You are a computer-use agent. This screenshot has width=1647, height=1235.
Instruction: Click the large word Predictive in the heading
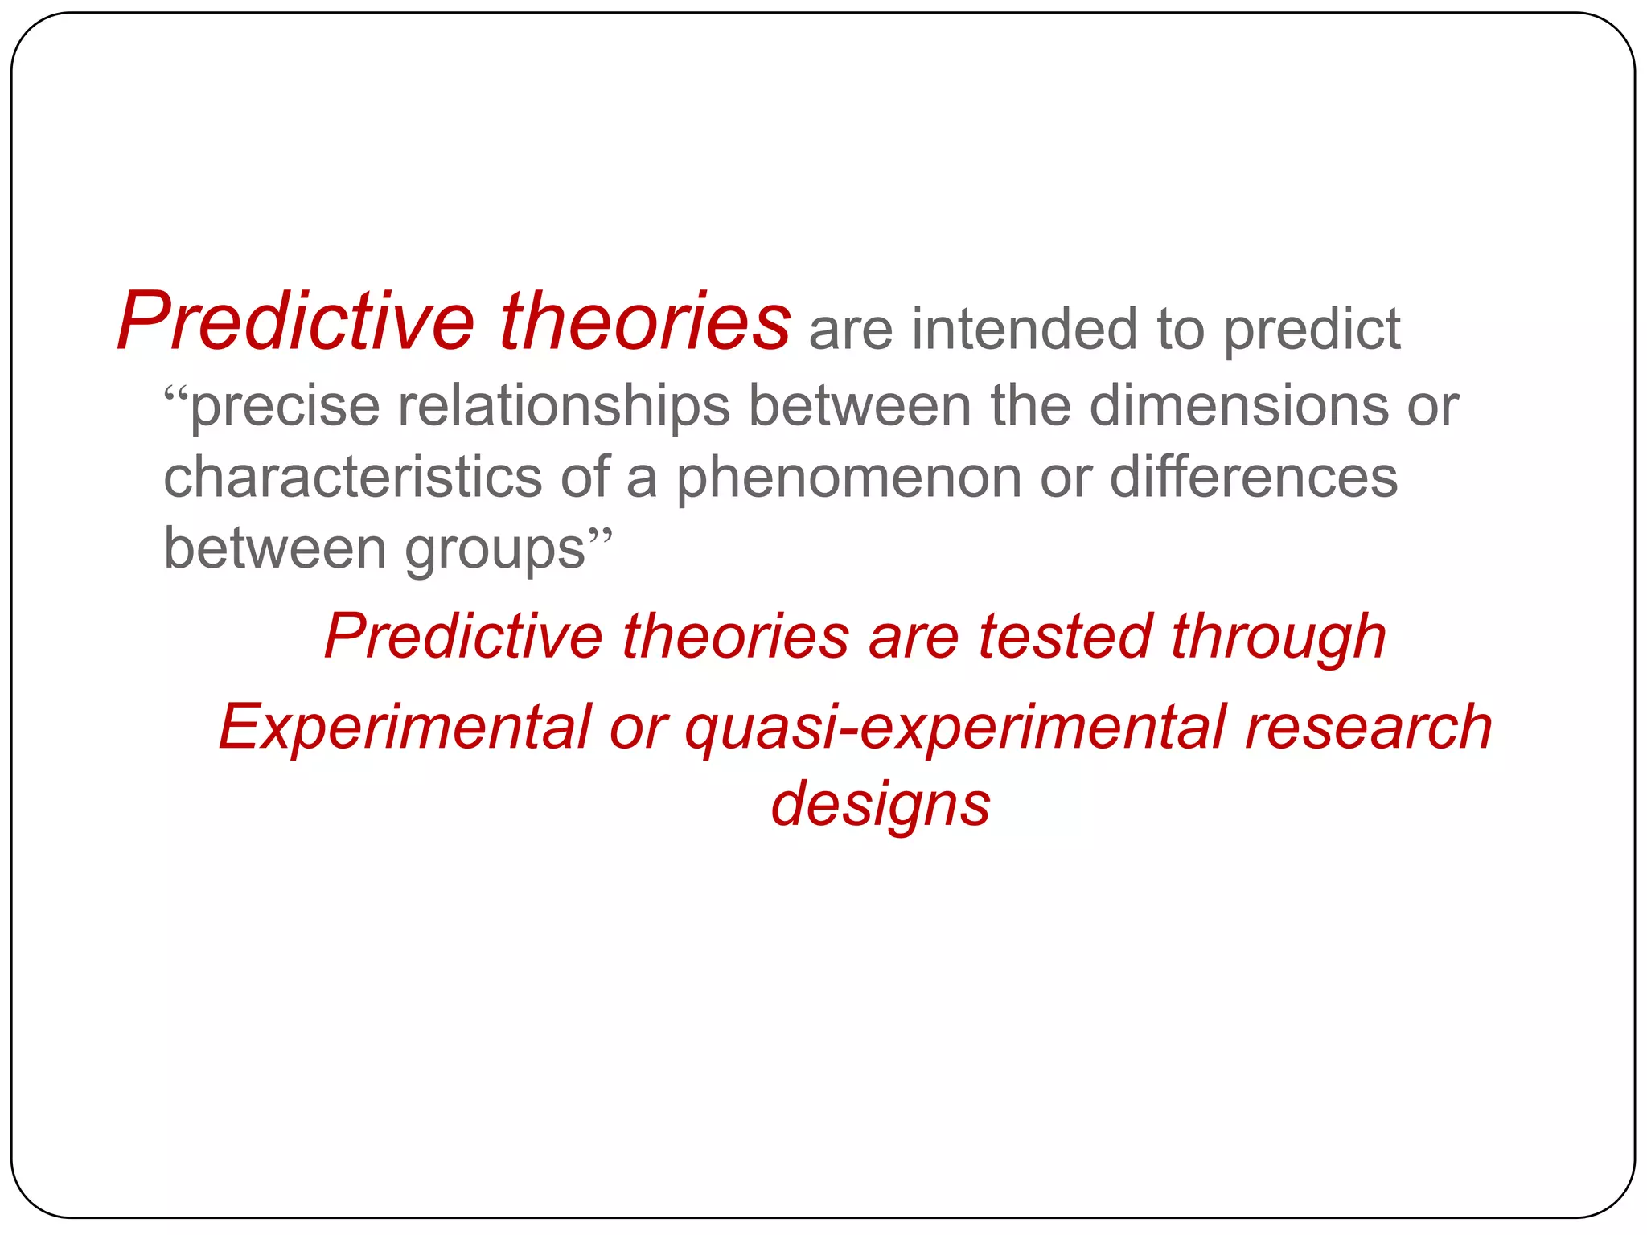pos(297,322)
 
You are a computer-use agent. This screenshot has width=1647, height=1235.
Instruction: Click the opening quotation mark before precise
pos(176,396)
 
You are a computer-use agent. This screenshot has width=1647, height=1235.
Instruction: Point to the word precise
pos(285,406)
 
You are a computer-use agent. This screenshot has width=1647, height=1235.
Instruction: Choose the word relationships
pos(564,406)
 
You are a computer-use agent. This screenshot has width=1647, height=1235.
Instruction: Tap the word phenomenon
pos(848,477)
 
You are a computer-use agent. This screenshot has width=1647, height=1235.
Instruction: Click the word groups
pos(495,550)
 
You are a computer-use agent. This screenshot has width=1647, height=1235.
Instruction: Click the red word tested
pos(1065,637)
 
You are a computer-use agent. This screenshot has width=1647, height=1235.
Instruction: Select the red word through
pos(1278,637)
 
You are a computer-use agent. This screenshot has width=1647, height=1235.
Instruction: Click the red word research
pos(1367,727)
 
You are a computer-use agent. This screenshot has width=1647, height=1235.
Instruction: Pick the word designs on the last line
pos(881,805)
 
